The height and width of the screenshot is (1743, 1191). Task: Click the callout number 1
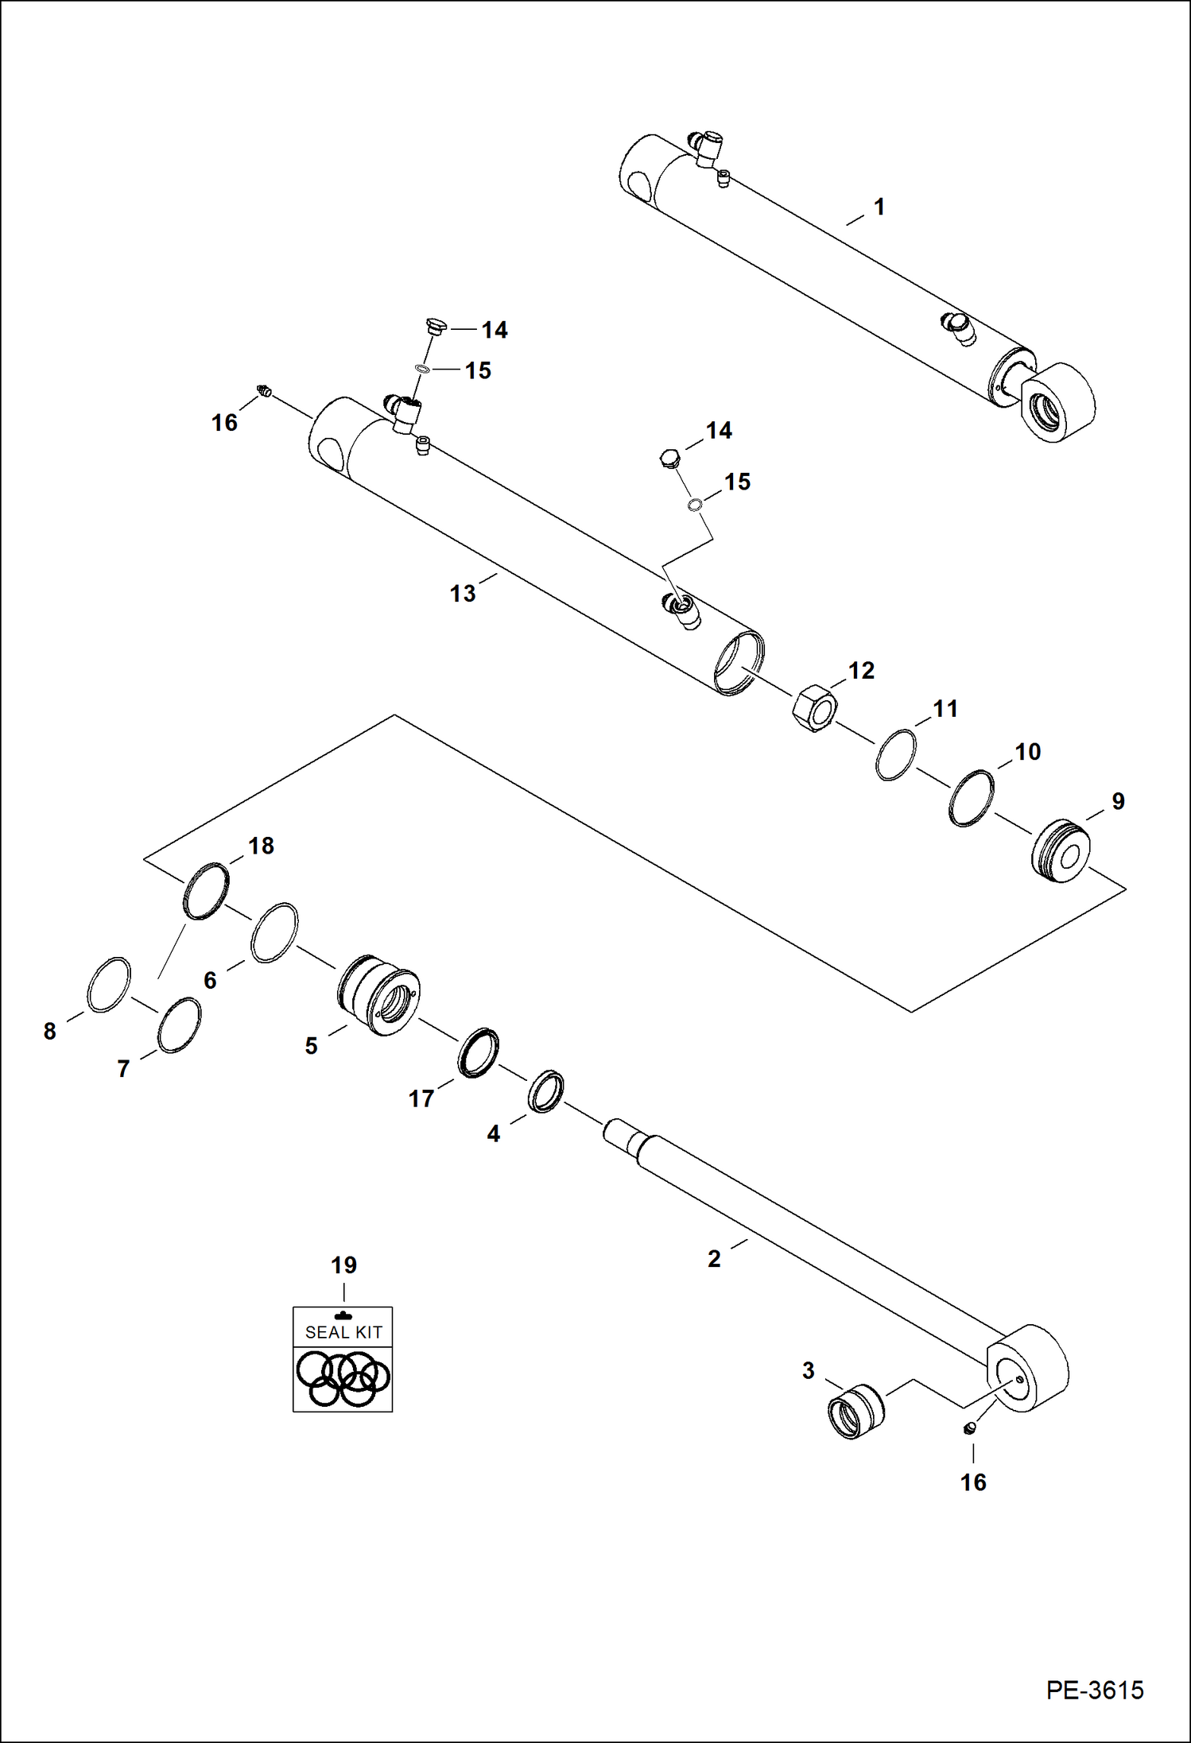pyautogui.click(x=879, y=207)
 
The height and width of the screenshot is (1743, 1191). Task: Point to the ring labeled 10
pyautogui.click(x=971, y=798)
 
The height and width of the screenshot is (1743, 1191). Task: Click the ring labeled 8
pyautogui.click(x=107, y=985)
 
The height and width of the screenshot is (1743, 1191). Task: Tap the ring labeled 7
pyautogui.click(x=179, y=1024)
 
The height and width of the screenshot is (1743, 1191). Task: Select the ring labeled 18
pyautogui.click(x=206, y=891)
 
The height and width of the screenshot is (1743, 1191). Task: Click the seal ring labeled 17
pyautogui.click(x=478, y=1052)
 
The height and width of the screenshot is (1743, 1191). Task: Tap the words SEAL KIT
pyautogui.click(x=343, y=1332)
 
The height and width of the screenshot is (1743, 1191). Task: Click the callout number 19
pyautogui.click(x=343, y=1265)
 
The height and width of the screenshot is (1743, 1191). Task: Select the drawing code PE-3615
pyautogui.click(x=1094, y=1690)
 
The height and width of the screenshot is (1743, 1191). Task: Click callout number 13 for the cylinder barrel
pyautogui.click(x=462, y=594)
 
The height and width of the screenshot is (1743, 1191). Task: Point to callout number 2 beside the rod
pyautogui.click(x=714, y=1259)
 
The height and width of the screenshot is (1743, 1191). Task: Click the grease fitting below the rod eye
pyautogui.click(x=968, y=1429)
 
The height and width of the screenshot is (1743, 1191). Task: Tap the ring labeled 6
pyautogui.click(x=274, y=932)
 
